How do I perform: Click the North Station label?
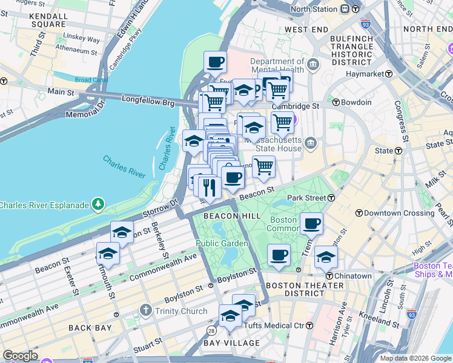click(314, 9)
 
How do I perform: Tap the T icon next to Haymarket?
click(389, 74)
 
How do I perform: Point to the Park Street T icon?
click(332, 198)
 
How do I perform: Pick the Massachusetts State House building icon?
click(311, 143)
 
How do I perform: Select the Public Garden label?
click(222, 243)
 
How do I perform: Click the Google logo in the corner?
click(20, 355)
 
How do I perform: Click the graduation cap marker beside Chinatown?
click(326, 257)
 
